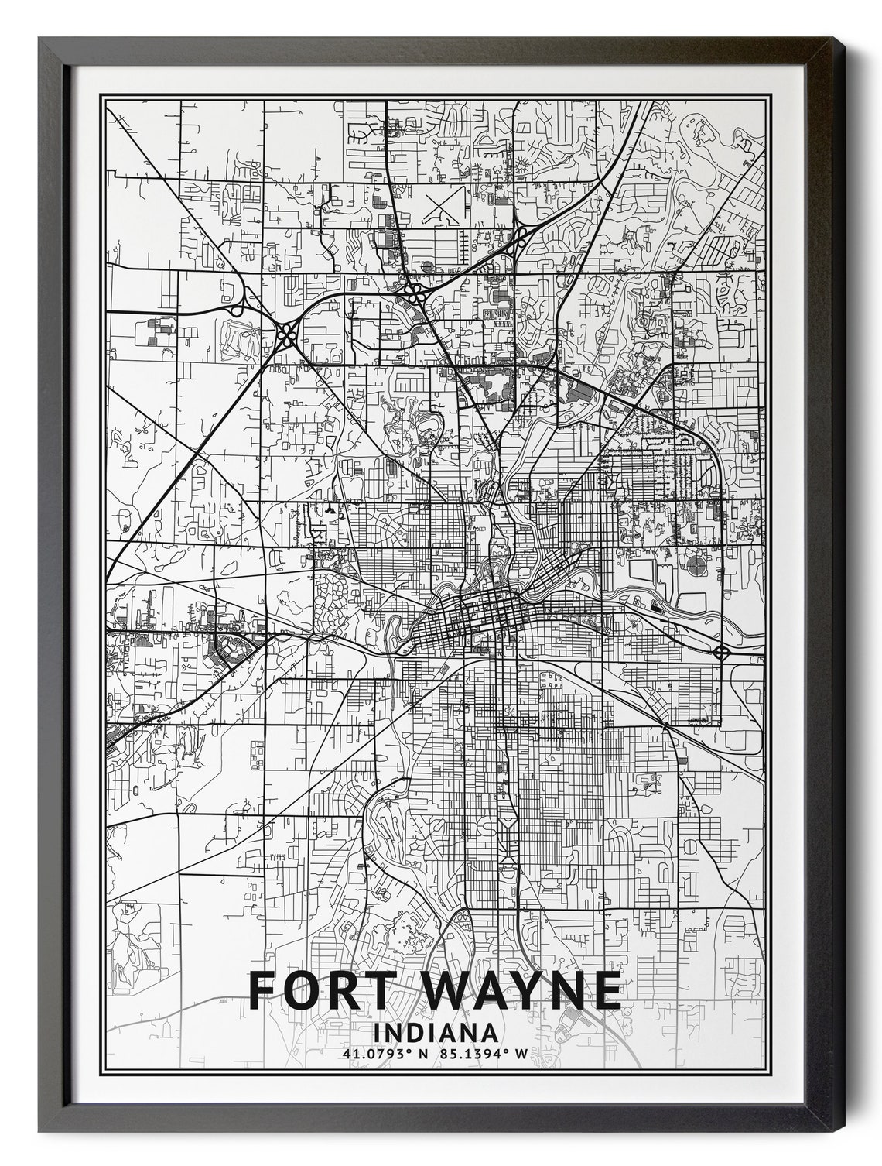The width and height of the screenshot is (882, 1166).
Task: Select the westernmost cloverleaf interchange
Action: [287, 335]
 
